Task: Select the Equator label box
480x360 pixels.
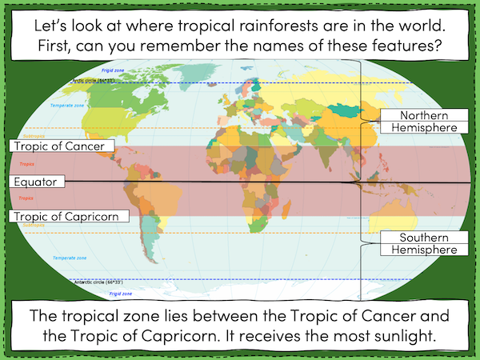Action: pyautogui.click(x=37, y=182)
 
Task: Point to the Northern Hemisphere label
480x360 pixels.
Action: pyautogui.click(x=422, y=121)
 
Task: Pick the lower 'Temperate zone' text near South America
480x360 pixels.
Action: pyautogui.click(x=70, y=258)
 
